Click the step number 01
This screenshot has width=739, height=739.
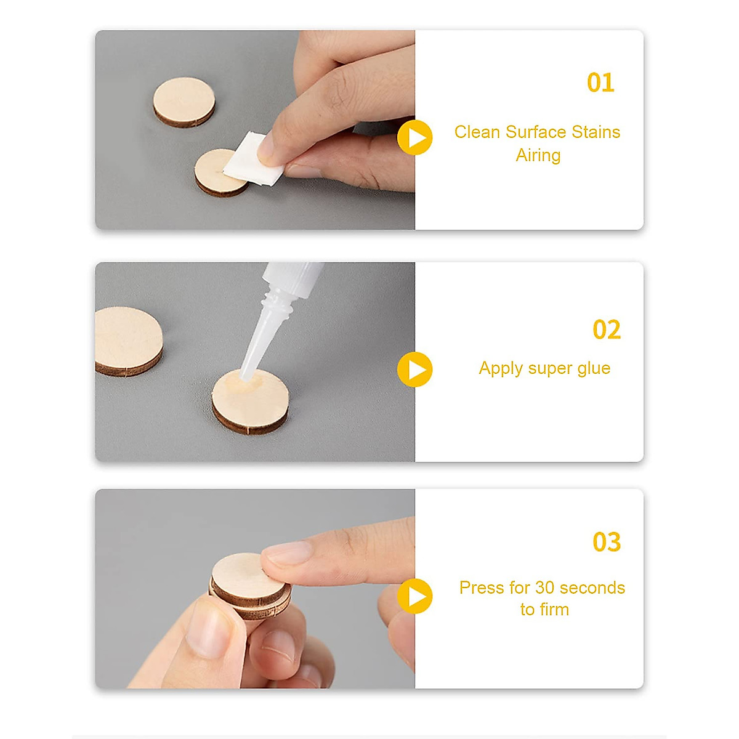(600, 83)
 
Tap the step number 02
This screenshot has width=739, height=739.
(607, 330)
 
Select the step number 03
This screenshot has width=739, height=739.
(607, 542)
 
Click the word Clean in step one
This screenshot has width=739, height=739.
(477, 132)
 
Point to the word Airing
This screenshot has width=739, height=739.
(538, 155)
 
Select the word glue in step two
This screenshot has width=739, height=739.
(594, 368)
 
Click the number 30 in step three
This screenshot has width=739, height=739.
(545, 588)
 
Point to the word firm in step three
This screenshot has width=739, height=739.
(555, 610)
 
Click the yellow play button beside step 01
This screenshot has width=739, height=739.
(415, 137)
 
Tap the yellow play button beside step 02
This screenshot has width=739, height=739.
(415, 369)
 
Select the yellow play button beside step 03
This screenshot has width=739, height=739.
(415, 596)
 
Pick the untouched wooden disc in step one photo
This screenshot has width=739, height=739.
(184, 102)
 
